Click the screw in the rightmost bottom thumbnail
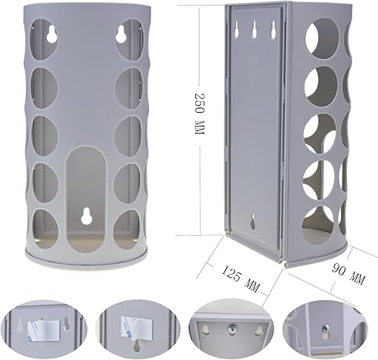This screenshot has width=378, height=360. point(325,329)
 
